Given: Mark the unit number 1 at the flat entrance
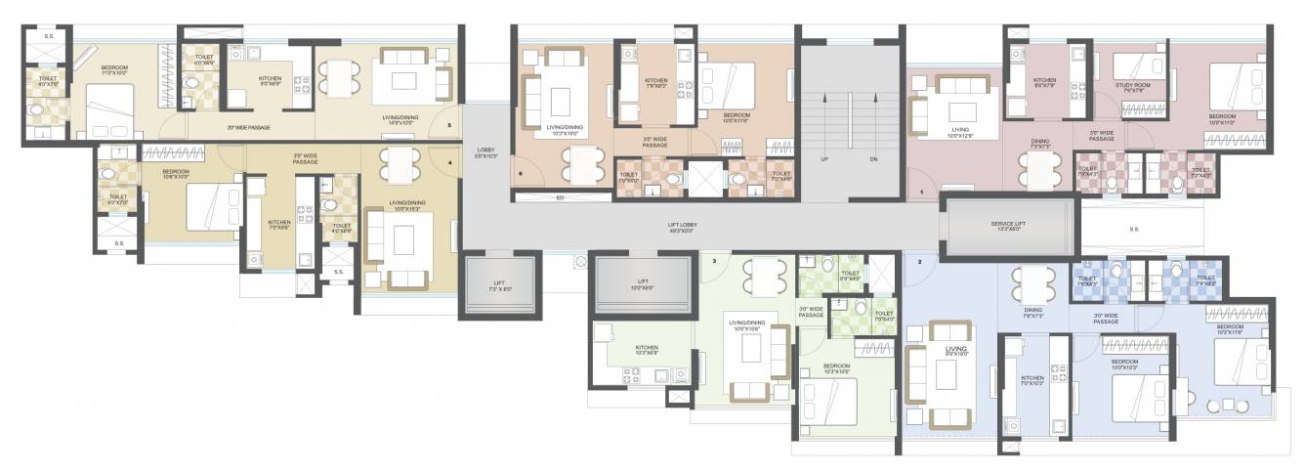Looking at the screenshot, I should click(x=921, y=192).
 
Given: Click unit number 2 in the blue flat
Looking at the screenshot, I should click(x=919, y=262).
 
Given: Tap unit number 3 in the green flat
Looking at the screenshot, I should click(x=714, y=261).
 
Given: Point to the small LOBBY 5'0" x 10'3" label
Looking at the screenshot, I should click(x=485, y=152).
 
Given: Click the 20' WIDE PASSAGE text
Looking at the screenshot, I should click(x=248, y=127).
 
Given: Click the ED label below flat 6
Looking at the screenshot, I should click(x=560, y=197).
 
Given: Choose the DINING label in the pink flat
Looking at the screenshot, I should click(x=1040, y=141).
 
